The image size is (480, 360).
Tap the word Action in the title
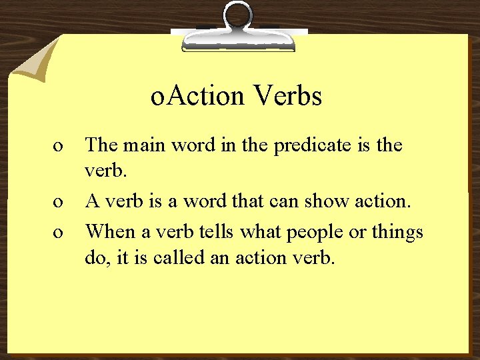(205, 96)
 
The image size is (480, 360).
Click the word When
(110, 231)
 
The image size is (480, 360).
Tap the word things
(396, 233)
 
